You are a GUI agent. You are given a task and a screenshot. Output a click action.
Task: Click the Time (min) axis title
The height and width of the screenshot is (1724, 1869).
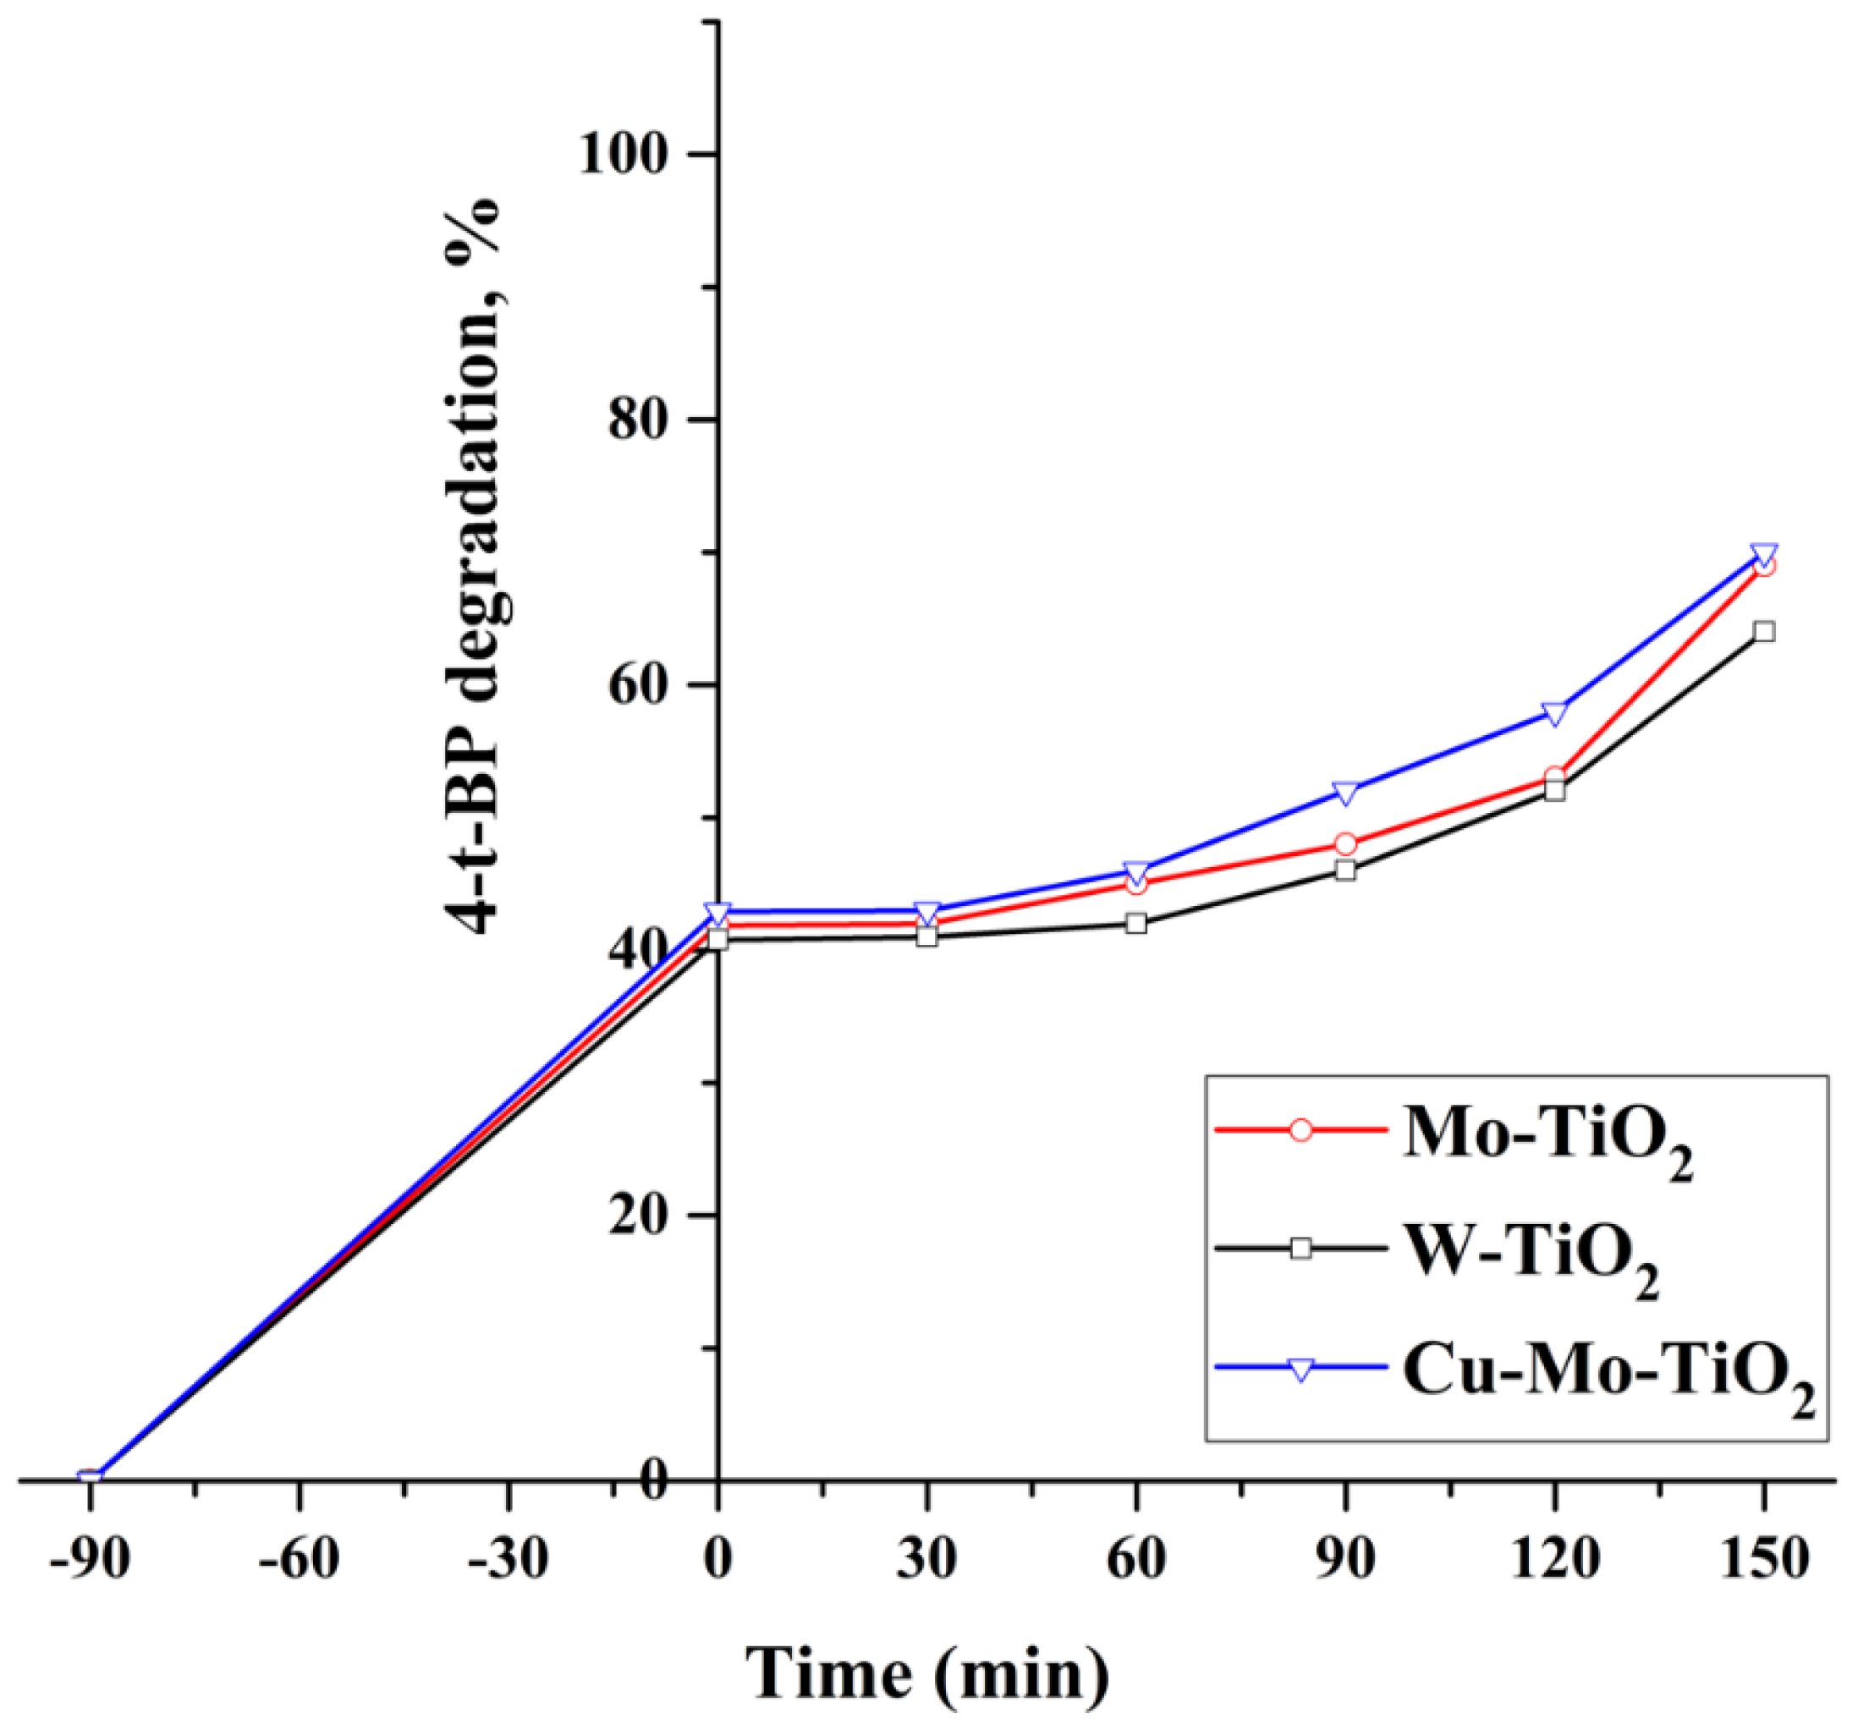point(928,1675)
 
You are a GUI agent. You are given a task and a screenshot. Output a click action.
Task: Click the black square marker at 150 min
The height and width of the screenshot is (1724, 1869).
point(1763,632)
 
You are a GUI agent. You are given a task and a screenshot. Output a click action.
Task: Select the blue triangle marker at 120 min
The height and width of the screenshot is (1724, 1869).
point(1554,715)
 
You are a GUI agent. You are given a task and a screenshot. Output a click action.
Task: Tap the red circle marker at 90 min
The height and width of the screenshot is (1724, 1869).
point(1345,844)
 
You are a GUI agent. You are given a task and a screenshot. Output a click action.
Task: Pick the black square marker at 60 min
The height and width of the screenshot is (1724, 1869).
point(1135,924)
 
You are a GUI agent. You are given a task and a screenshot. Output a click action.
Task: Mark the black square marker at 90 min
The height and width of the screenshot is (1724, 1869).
point(1345,870)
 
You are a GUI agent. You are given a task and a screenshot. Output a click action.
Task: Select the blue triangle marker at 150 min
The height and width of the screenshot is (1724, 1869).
point(1763,554)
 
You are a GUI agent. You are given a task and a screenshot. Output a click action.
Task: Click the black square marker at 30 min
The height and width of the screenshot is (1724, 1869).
point(926,936)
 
